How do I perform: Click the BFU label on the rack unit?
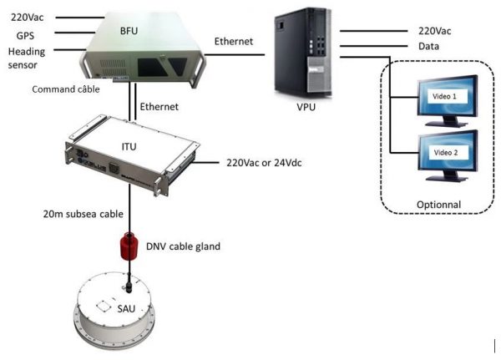pyautogui.click(x=129, y=31)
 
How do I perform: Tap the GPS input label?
pyautogui.click(x=25, y=35)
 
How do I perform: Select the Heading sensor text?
pyautogui.click(x=27, y=58)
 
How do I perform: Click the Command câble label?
pyautogui.click(x=66, y=89)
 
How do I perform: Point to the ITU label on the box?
pyautogui.click(x=129, y=146)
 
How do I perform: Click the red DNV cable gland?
pyautogui.click(x=129, y=246)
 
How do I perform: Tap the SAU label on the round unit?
pyautogui.click(x=126, y=308)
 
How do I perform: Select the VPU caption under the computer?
pyautogui.click(x=306, y=107)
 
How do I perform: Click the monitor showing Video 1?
pyautogui.click(x=448, y=101)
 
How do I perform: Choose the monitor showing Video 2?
pyautogui.click(x=448, y=156)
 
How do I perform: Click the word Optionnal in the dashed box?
pyautogui.click(x=438, y=205)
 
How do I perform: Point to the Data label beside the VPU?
pyautogui.click(x=428, y=47)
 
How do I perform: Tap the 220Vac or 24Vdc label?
pyautogui.click(x=264, y=163)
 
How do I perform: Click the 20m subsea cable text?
pyautogui.click(x=83, y=214)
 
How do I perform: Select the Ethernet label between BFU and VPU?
pyautogui.click(x=234, y=41)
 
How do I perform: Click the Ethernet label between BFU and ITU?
pyautogui.click(x=159, y=106)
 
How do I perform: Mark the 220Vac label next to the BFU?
pyautogui.click(x=28, y=18)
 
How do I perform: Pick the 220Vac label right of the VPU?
pyautogui.click(x=434, y=31)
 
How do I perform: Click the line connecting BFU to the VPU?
pyautogui.click(x=235, y=54)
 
